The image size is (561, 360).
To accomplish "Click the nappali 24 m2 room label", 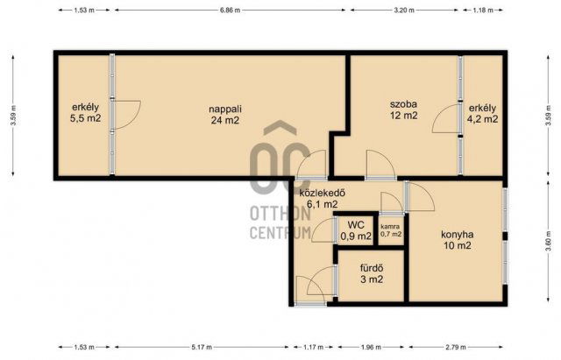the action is coord(225,115).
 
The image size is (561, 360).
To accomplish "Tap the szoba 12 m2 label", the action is coord(403,109).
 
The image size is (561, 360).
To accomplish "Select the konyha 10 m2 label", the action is coord(458,240).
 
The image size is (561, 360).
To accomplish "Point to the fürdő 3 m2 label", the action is coord(372,273).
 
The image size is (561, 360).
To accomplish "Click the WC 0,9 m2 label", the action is coord(356,230).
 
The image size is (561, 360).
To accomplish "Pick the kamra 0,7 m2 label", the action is coord(391,230).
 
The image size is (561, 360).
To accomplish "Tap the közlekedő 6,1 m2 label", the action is coord(322,199).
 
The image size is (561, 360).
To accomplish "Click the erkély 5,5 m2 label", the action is coord(86,113).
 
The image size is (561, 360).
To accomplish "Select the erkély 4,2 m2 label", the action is coord(482,113).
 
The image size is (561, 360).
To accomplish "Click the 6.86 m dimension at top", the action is coord(230,10).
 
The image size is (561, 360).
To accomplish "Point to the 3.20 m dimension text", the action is coord(404,10).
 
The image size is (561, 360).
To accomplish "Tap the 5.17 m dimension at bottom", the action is coord(202,347).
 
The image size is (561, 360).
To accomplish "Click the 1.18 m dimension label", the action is coord(483,10).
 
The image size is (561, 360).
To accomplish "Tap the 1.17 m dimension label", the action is coord(313,347).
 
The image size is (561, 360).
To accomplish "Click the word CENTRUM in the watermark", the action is coord(280,232).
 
